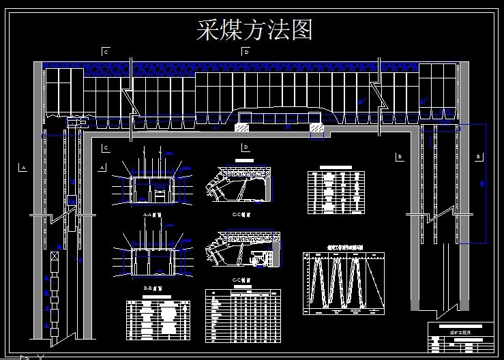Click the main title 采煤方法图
click(254, 29)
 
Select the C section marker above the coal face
click(106, 51)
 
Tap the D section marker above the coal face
click(246, 51)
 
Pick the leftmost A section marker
click(23, 166)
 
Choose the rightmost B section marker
click(478, 157)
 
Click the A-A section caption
click(151, 214)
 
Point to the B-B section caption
click(151, 288)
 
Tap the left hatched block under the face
click(242, 127)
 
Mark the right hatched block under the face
click(316, 127)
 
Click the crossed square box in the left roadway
click(55, 257)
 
